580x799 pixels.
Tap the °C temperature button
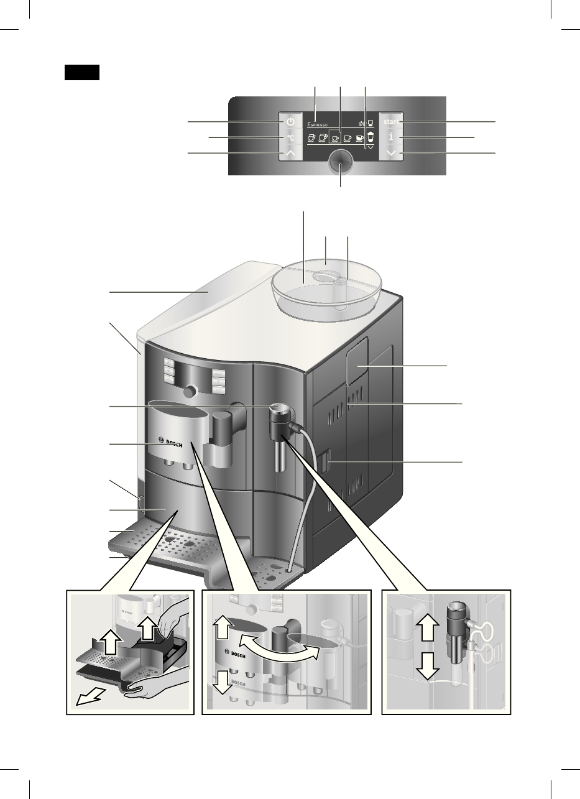click(290, 137)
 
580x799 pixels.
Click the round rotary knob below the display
click(340, 161)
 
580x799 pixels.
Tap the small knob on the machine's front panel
click(191, 390)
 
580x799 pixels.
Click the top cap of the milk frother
click(278, 409)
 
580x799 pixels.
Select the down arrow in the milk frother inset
click(426, 667)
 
